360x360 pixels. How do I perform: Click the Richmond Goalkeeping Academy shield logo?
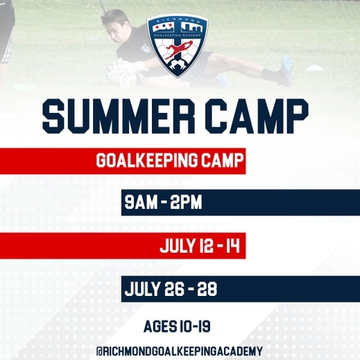pyautogui.click(x=177, y=45)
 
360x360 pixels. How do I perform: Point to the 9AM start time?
pyautogui.click(x=141, y=203)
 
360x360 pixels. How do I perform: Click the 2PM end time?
pyautogui.click(x=187, y=203)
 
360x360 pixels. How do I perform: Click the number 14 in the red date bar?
pyautogui.click(x=233, y=246)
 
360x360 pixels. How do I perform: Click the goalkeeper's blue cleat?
pyautogui.click(x=287, y=69)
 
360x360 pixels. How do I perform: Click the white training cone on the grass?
pyautogui.click(x=315, y=68)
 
